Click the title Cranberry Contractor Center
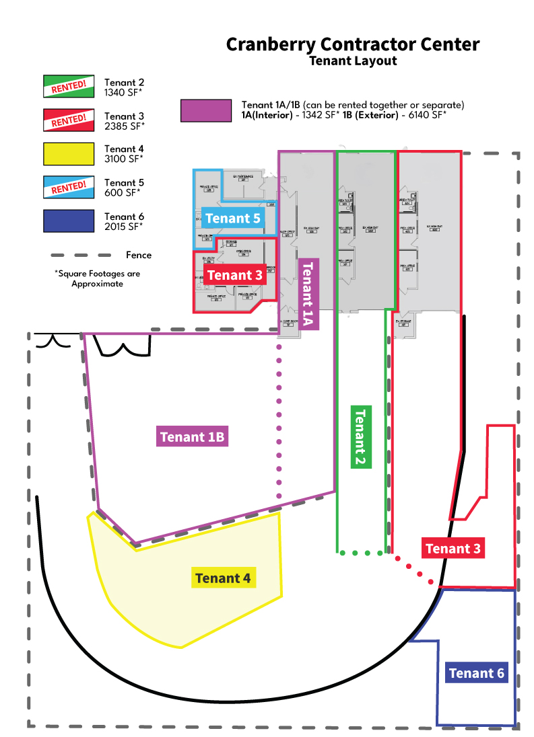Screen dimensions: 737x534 point(353,44)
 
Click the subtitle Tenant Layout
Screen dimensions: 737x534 point(353,61)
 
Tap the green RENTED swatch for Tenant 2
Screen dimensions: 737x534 point(69,86)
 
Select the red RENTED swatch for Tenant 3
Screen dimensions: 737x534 point(69,120)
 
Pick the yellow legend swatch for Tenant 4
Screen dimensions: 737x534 point(69,154)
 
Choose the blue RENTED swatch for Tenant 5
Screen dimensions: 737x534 point(69,188)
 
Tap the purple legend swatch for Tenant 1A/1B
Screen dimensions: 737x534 point(206,111)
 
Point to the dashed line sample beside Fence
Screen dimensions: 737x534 point(81,256)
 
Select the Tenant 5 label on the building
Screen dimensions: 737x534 point(233,219)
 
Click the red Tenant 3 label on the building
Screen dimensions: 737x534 point(234,275)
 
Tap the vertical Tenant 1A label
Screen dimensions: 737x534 point(308,293)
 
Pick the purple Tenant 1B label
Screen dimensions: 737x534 point(192,437)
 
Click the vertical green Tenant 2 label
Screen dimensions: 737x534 point(360,437)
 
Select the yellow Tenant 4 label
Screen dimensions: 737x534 point(223,578)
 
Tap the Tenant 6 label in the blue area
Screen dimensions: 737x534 point(476,673)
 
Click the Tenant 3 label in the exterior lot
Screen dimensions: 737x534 point(453,549)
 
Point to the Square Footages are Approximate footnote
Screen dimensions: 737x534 point(98,279)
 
